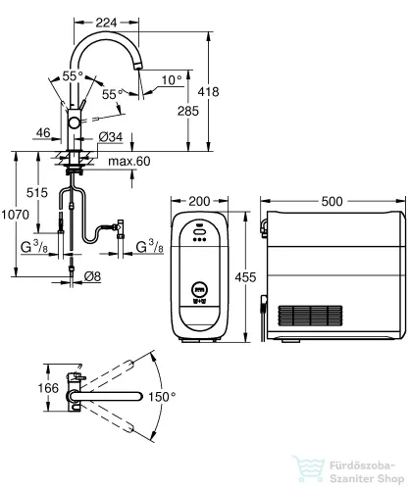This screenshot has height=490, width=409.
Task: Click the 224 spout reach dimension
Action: tap(106, 23)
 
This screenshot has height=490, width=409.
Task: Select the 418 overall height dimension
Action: tap(208, 92)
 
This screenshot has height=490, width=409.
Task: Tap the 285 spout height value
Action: tap(188, 111)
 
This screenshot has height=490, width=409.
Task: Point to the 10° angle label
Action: tap(172, 79)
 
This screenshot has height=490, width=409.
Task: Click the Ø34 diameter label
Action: tap(111, 137)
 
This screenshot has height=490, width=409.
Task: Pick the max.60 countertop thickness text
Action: tap(129, 161)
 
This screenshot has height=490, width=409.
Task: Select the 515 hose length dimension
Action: tap(37, 193)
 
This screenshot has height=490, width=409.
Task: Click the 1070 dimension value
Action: tap(15, 215)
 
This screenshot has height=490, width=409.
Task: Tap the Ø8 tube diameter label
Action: tap(92, 277)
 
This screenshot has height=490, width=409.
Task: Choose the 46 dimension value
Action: tap(43, 133)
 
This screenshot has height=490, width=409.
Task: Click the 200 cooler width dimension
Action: tap(199, 201)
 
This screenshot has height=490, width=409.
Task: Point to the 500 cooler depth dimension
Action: tap(332, 201)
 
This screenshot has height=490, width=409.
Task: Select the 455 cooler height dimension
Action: tap(245, 277)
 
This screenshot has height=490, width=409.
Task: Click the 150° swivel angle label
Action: tap(162, 397)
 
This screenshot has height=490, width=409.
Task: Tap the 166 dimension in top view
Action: tap(48, 388)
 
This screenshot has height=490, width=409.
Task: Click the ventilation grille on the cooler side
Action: tap(310, 316)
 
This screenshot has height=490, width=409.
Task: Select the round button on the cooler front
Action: tap(200, 289)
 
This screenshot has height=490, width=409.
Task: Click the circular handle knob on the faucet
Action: tap(74, 123)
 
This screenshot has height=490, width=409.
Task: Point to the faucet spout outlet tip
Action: tap(139, 66)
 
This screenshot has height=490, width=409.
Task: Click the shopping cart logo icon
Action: tap(308, 469)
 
